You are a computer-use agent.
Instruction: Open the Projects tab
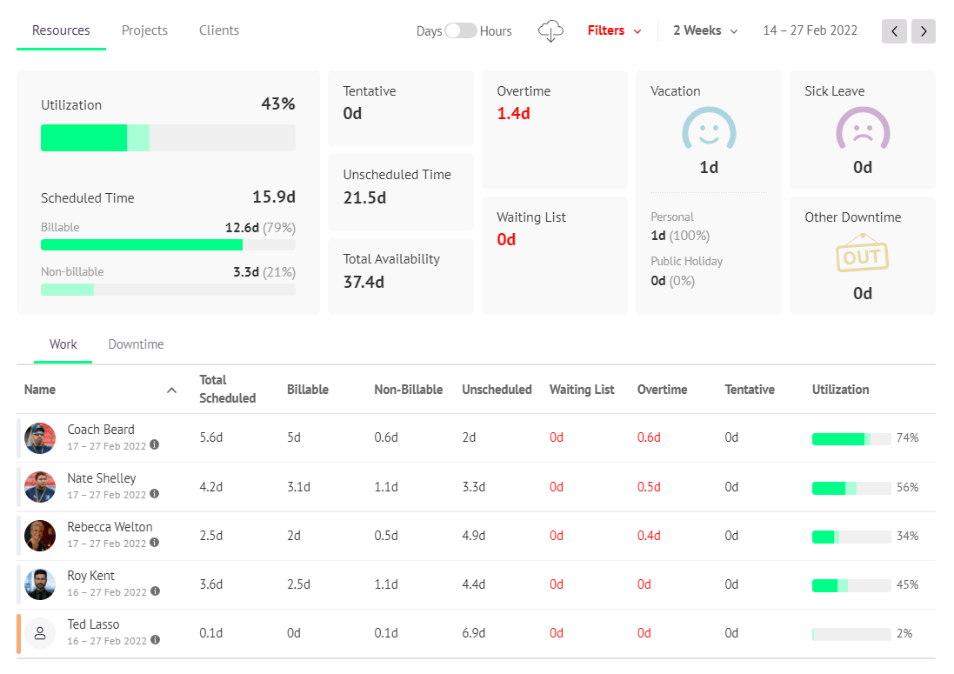click(x=144, y=30)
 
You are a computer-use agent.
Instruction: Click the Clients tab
click(x=219, y=30)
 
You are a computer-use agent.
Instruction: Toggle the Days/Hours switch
click(x=461, y=30)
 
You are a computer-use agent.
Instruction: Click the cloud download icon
click(x=550, y=31)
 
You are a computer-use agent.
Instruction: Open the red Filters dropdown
click(x=614, y=30)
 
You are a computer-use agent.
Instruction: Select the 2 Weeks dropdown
click(x=705, y=30)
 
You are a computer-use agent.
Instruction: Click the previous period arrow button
click(x=894, y=31)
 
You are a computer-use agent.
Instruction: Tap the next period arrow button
click(x=924, y=31)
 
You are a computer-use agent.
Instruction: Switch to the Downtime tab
click(x=136, y=344)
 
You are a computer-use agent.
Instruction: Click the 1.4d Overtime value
click(x=513, y=113)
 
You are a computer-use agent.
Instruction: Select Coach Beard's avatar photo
click(x=40, y=438)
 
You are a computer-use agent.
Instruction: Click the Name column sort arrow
click(x=171, y=390)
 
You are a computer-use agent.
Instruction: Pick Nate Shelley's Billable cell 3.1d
click(x=298, y=487)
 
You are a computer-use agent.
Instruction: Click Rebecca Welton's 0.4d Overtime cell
click(x=649, y=536)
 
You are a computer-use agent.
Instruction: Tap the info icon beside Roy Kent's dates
click(x=155, y=591)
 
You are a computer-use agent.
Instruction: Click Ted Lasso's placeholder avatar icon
click(x=40, y=633)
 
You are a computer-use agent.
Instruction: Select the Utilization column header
click(x=840, y=390)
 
